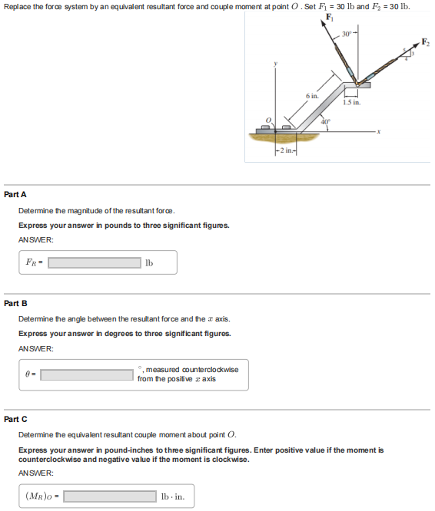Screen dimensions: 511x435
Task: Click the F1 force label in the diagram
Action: click(x=330, y=18)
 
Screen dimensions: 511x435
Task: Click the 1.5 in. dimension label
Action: click(x=353, y=101)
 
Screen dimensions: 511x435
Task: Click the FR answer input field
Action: click(x=94, y=262)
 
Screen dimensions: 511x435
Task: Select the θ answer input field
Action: click(x=87, y=375)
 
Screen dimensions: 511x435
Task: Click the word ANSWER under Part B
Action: click(x=35, y=348)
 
